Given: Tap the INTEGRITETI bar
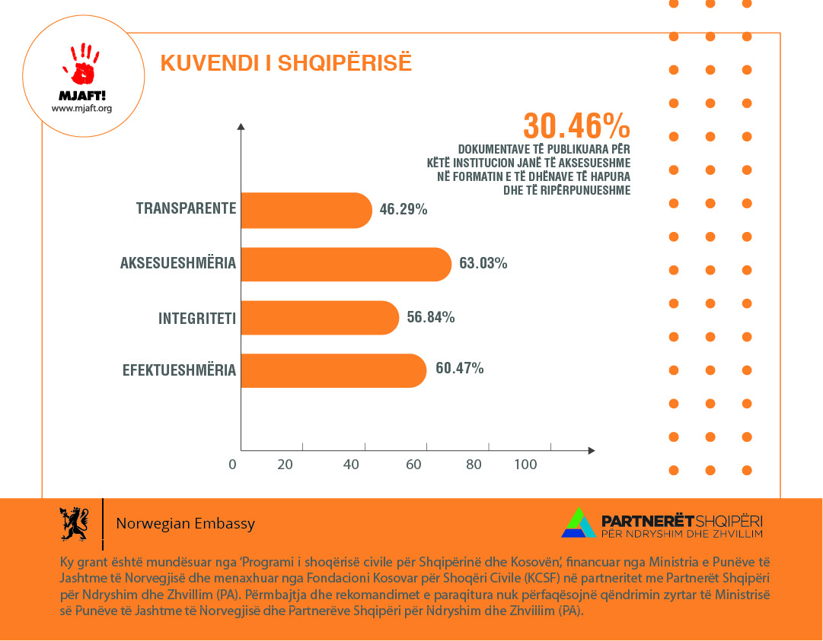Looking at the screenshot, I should point(320,318).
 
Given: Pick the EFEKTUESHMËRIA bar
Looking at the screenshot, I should point(333,370).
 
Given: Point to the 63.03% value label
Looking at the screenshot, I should point(483,264).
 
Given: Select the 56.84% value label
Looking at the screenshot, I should point(431,317).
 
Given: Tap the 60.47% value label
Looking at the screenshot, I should point(460,369).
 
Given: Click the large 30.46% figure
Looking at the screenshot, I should point(576,125).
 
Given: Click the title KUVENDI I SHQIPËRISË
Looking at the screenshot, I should point(286,63).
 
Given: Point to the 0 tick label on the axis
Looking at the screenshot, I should point(233,465).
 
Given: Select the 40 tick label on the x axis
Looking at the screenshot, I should point(351,465).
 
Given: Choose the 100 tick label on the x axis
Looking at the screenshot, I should point(525,465).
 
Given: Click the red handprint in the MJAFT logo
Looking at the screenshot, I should point(82,65).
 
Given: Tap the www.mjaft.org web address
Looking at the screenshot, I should point(81,108).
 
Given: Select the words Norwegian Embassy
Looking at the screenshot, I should point(185,524).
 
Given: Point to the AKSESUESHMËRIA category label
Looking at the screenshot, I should point(178,264).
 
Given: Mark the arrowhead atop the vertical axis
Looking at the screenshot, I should point(241,126).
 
